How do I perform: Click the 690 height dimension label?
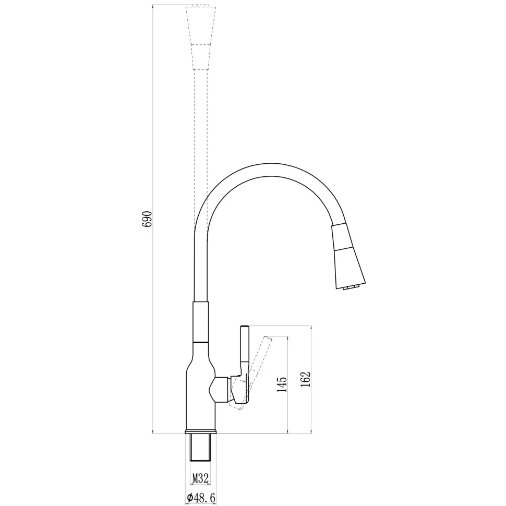tap(147, 219)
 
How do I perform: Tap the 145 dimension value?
tap(282, 384)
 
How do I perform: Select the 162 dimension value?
tap(305, 380)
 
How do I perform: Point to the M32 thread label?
tap(200, 478)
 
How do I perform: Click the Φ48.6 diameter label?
tap(201, 498)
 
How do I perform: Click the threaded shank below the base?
tap(200, 448)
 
